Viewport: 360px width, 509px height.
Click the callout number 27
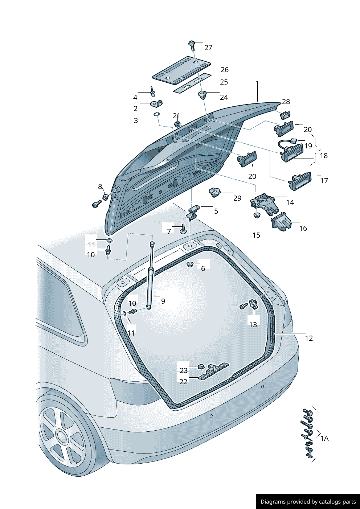tap(208, 48)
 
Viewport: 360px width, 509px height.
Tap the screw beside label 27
tap(192, 45)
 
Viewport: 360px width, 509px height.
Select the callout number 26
tap(225, 70)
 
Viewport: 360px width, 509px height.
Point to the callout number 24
tap(224, 97)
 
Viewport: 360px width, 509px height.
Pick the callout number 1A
tap(324, 438)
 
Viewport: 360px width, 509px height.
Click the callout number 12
tap(308, 338)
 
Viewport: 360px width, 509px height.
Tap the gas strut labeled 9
tap(150, 276)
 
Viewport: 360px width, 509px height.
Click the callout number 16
tap(303, 228)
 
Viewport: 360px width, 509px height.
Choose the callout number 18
tap(324, 156)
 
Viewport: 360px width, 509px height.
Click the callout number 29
tap(237, 198)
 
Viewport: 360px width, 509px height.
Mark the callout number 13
tap(253, 325)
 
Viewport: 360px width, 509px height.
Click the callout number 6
tap(203, 268)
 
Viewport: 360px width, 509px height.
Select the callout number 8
tap(100, 186)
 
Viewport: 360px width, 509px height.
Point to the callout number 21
tap(176, 116)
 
